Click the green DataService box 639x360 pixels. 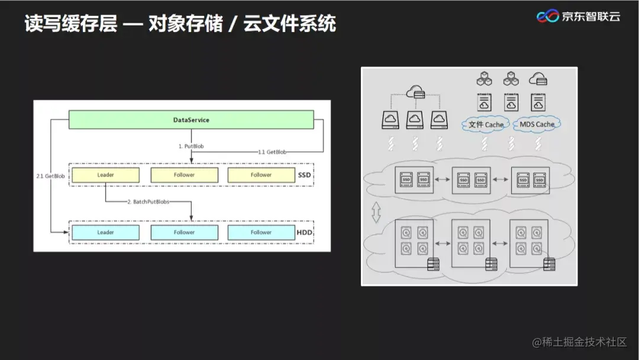click(191, 120)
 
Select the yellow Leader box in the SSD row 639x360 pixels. click(105, 175)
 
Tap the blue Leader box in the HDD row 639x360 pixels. click(105, 232)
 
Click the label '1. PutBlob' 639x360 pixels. click(191, 146)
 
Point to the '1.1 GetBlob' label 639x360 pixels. click(272, 152)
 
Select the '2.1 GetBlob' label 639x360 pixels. click(50, 176)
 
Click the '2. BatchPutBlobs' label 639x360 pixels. click(148, 202)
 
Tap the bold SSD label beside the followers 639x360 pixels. click(303, 175)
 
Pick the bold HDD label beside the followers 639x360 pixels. click(304, 232)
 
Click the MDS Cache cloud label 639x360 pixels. click(537, 124)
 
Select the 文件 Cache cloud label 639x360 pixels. click(486, 124)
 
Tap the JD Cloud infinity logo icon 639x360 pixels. click(547, 17)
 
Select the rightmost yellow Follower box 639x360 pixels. click(260, 175)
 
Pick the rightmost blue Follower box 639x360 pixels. click(260, 232)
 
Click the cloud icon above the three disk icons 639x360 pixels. click(416, 92)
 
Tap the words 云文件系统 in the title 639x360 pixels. click(289, 24)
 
